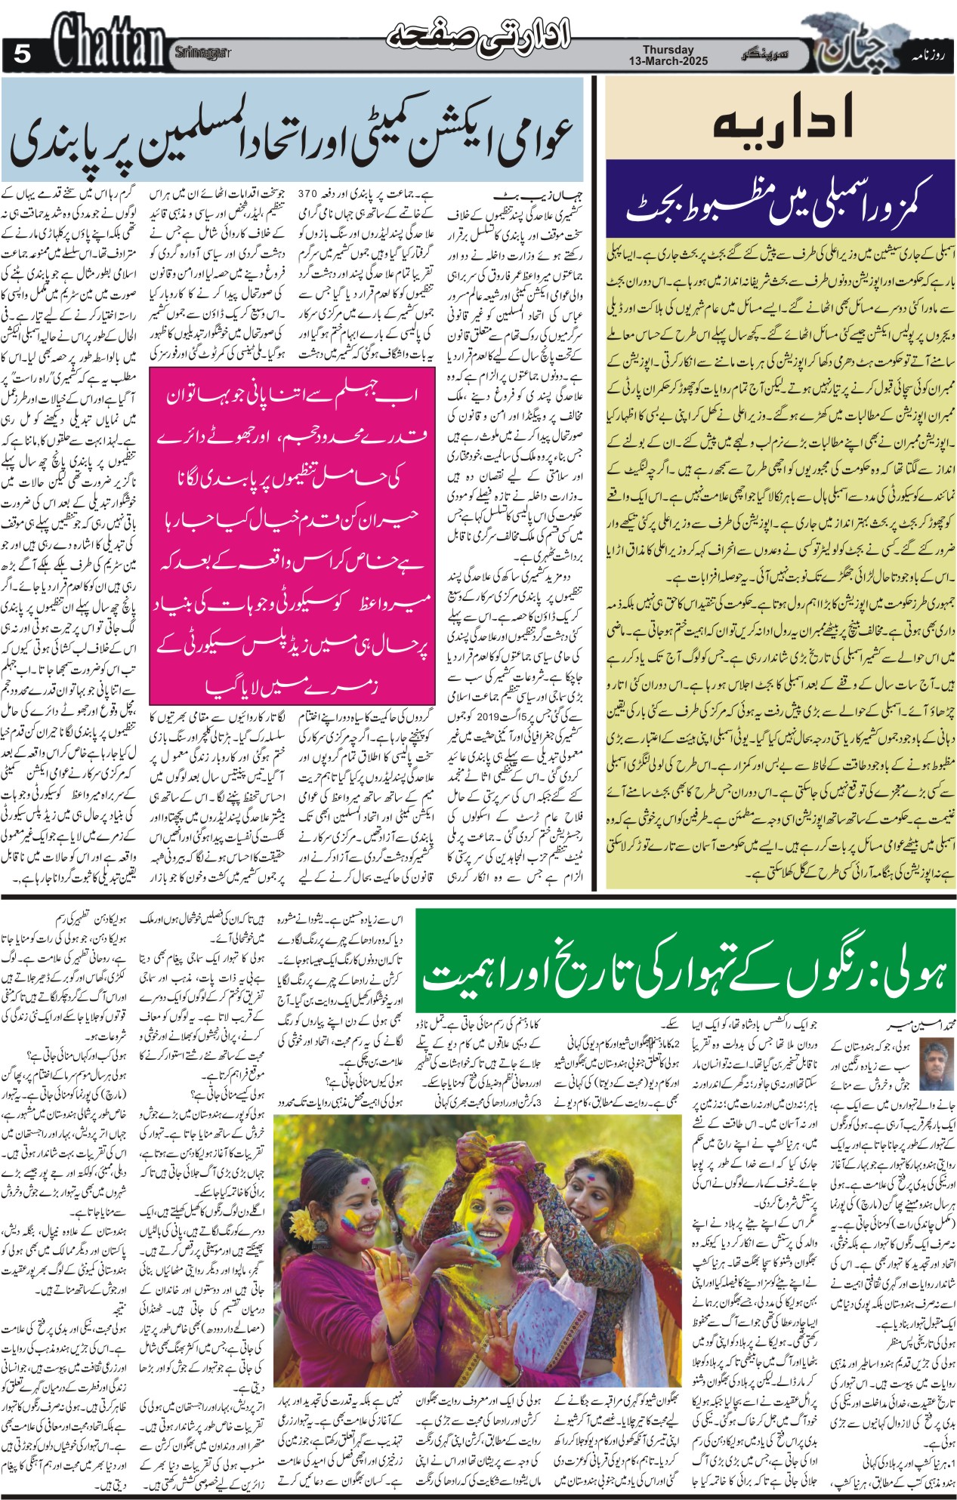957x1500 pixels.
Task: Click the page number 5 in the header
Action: click(x=22, y=53)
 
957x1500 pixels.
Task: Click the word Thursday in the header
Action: click(x=668, y=50)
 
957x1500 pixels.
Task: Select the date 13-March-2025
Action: click(x=668, y=61)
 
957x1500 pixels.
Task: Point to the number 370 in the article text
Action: click(x=310, y=194)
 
